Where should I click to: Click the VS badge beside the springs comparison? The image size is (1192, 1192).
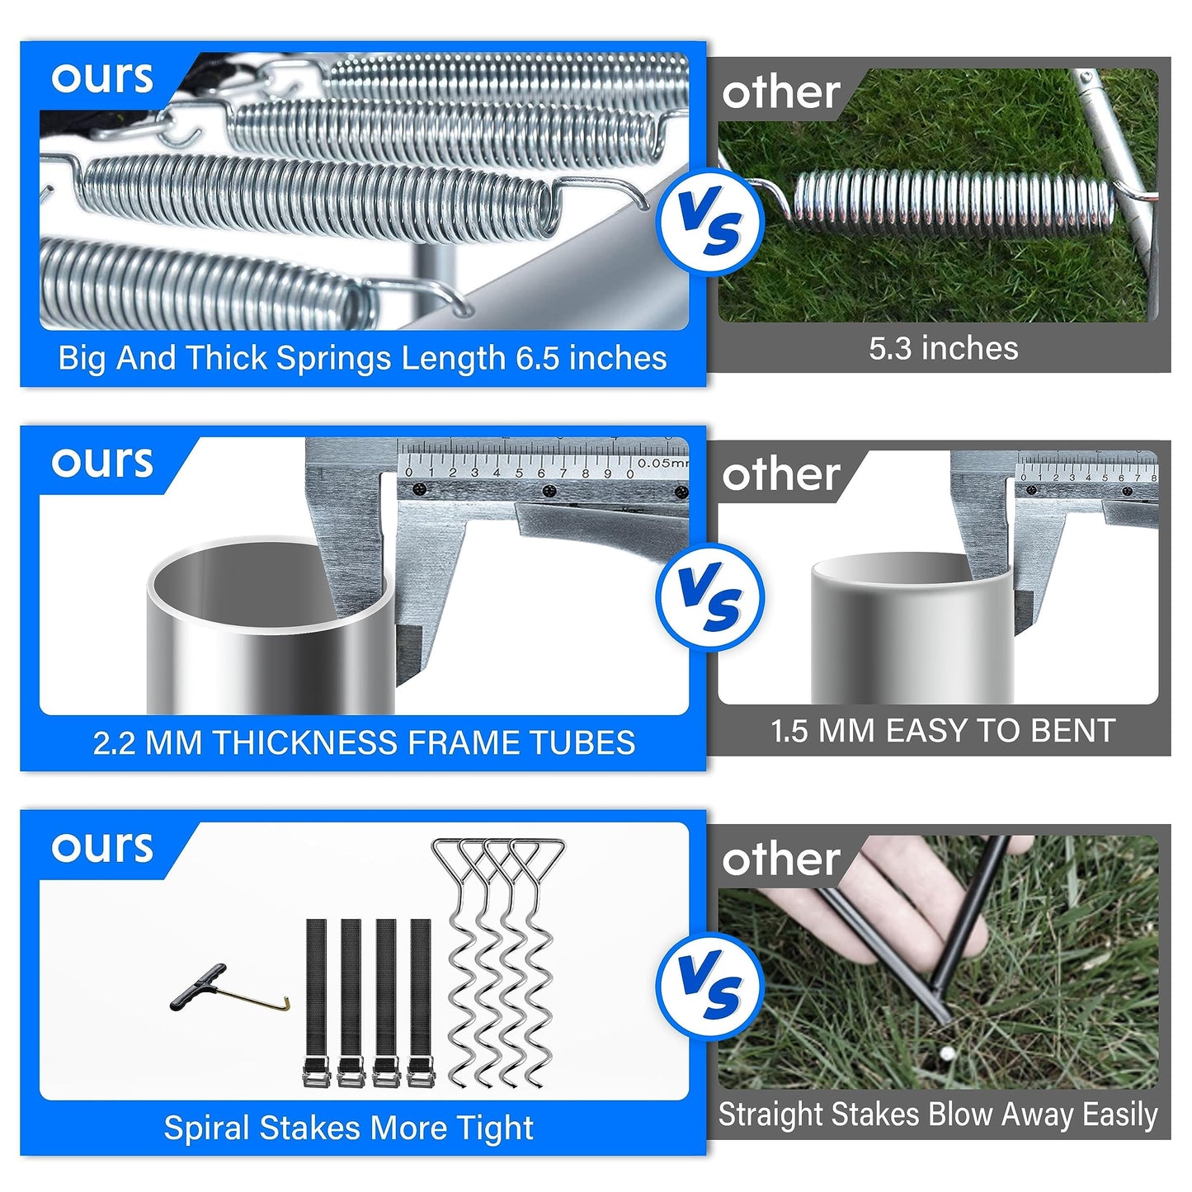tap(710, 221)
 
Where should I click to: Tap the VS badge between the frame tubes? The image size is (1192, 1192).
tap(710, 597)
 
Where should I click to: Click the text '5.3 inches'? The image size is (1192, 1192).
tap(943, 347)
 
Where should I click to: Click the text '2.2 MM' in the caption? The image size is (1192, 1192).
tap(147, 743)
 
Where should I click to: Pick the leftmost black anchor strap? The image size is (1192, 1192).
tap(316, 1004)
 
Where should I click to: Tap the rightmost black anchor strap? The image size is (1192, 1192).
tap(421, 1004)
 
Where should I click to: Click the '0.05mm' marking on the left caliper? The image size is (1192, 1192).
tap(662, 462)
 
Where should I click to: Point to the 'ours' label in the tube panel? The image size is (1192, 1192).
tap(102, 461)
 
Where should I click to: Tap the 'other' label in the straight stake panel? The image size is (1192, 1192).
tap(780, 860)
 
